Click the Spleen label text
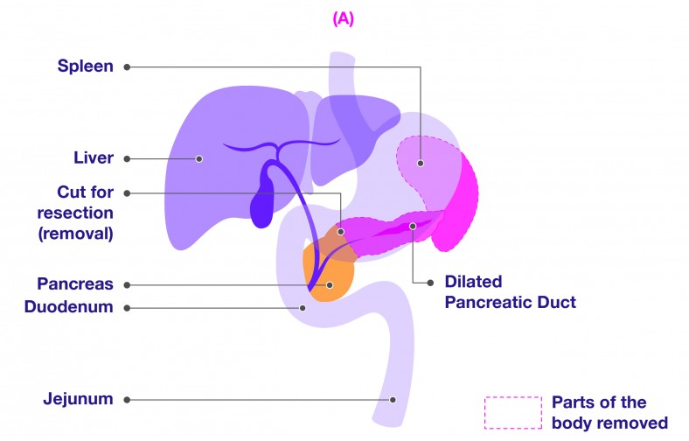click(85, 66)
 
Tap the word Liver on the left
click(94, 157)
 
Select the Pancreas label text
click(75, 283)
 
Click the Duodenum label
click(68, 306)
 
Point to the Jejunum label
click(78, 399)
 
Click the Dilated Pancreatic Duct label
click(510, 291)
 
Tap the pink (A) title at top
click(343, 19)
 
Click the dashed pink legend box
click(513, 412)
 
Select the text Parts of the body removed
click(610, 412)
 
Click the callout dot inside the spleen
click(421, 163)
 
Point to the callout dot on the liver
click(199, 158)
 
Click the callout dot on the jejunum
click(393, 400)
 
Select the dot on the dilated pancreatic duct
click(413, 226)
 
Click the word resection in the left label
click(75, 213)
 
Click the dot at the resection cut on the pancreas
click(340, 232)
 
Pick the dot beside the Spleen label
click(127, 66)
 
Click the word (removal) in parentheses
click(75, 234)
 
